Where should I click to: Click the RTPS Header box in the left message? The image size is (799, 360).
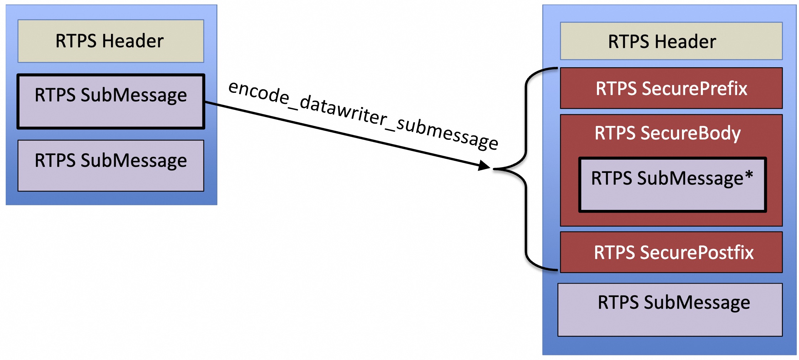click(x=111, y=41)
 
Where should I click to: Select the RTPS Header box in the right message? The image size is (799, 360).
click(x=671, y=41)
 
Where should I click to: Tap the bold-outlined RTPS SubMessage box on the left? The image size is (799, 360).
click(x=111, y=101)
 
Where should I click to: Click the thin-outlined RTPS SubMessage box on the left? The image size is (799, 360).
click(x=111, y=166)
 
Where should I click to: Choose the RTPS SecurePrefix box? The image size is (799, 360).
click(x=671, y=88)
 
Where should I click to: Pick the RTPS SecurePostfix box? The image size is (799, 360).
click(x=671, y=252)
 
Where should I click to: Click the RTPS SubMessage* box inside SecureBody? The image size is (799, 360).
click(x=672, y=185)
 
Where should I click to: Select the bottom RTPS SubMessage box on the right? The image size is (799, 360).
click(x=670, y=309)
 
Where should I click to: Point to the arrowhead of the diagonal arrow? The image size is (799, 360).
click(x=485, y=165)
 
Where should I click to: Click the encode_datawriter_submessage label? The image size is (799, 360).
click(x=363, y=115)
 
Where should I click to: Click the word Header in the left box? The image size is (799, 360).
click(x=132, y=41)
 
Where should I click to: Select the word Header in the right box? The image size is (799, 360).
click(x=685, y=42)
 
